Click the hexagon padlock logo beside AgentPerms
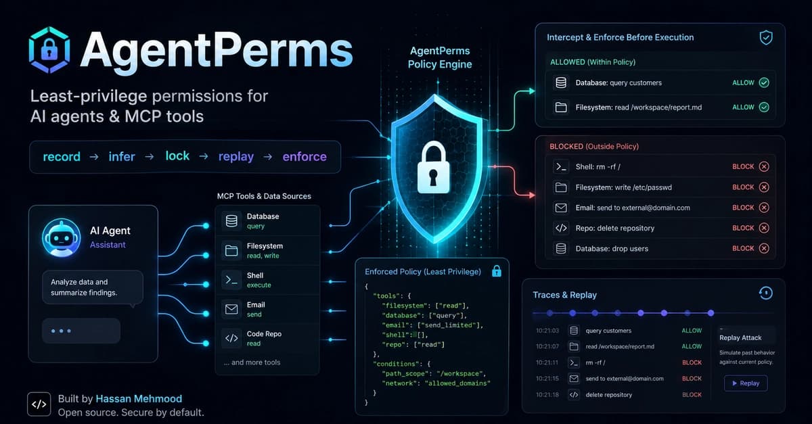[x=49, y=49]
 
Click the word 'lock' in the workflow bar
[x=177, y=156]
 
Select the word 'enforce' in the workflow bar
[x=304, y=157]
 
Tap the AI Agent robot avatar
[x=62, y=238]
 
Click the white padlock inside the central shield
[x=433, y=168]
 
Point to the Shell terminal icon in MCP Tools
[x=231, y=280]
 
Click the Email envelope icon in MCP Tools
[x=231, y=309]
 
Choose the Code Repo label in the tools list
[x=264, y=334]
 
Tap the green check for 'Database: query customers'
[x=764, y=83]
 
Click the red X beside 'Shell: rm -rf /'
[x=764, y=166]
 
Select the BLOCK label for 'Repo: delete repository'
[x=743, y=228]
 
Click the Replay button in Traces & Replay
[x=746, y=383]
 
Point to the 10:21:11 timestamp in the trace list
[x=547, y=362]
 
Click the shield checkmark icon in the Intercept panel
[x=766, y=38]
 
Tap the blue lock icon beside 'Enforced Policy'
[x=497, y=271]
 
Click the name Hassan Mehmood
[x=139, y=398]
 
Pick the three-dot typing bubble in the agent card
[x=81, y=331]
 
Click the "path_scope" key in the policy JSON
[x=405, y=374]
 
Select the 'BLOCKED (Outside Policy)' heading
[x=594, y=147]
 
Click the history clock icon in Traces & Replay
[x=765, y=293]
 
